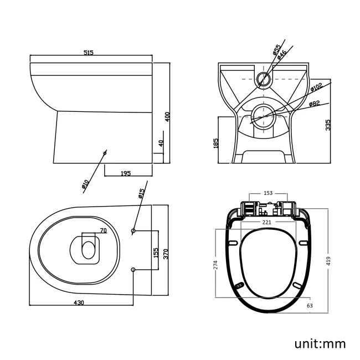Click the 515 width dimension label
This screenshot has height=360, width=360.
tap(89, 53)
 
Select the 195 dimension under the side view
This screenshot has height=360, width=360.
tap(125, 173)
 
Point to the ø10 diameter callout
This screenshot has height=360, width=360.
tap(86, 184)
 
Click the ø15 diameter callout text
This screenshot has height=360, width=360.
tap(142, 193)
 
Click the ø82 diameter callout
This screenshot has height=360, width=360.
tap(315, 104)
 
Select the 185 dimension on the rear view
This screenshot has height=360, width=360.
tap(215, 144)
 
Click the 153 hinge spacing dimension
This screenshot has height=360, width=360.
tap(268, 193)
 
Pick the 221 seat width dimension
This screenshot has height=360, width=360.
tap(268, 223)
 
